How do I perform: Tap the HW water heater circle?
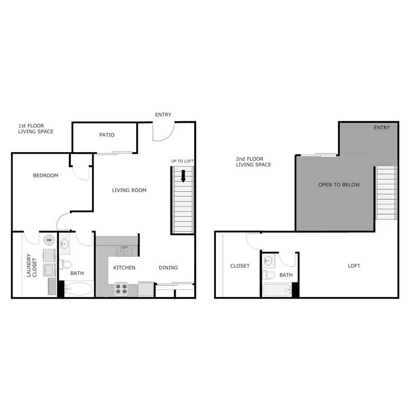pyautogui.click(x=49, y=240)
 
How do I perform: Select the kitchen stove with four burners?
pyautogui.click(x=121, y=289)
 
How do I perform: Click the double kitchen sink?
pyautogui.click(x=124, y=251)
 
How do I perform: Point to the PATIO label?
pyautogui.click(x=107, y=135)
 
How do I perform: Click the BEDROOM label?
pyautogui.click(x=46, y=176)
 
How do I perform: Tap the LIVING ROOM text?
pyautogui.click(x=129, y=191)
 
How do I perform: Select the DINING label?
pyautogui.click(x=168, y=268)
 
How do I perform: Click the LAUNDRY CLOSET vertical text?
pyautogui.click(x=32, y=266)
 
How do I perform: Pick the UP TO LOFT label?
pyautogui.click(x=182, y=162)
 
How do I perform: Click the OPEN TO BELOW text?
pyautogui.click(x=339, y=185)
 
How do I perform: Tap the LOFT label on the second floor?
pyautogui.click(x=354, y=266)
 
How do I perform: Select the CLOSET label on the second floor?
pyautogui.click(x=240, y=266)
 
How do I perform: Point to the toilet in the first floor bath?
pyautogui.click(x=66, y=265)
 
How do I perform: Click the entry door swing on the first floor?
pyautogui.click(x=163, y=132)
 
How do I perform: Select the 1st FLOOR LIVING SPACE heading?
pyautogui.click(x=36, y=128)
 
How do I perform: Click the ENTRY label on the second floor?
pyautogui.click(x=382, y=128)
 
